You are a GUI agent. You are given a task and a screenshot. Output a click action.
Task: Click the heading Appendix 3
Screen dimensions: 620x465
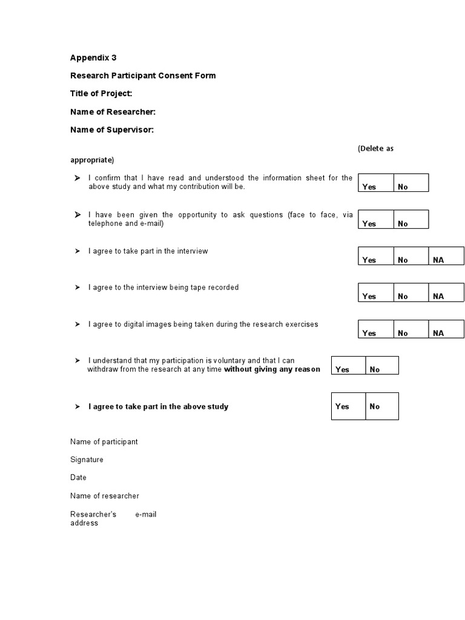click(93, 58)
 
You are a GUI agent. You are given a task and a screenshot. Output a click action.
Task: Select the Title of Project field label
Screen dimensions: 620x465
click(101, 93)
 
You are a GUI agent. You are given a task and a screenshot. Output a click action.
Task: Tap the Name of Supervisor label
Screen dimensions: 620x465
click(112, 130)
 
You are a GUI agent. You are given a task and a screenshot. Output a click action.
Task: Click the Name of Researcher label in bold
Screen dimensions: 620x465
click(113, 111)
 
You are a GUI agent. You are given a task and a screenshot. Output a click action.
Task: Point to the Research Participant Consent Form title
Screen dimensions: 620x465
click(143, 76)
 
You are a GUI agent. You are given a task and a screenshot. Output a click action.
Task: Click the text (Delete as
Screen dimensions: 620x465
click(375, 148)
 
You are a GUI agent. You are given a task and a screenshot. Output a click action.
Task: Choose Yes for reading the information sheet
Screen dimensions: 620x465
click(369, 186)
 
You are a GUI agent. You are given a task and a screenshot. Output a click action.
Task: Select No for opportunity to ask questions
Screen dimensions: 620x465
click(403, 223)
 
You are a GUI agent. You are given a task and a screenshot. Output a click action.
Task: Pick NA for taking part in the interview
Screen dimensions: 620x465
click(438, 260)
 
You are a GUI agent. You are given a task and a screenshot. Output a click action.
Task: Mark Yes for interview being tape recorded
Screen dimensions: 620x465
click(369, 296)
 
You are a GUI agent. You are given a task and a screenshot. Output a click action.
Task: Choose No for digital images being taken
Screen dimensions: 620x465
click(403, 333)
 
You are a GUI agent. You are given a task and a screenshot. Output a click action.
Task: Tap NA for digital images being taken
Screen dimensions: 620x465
click(438, 333)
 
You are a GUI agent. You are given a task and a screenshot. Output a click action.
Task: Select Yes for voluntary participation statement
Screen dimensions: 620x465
click(343, 369)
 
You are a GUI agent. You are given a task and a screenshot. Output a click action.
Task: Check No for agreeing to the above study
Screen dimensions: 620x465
click(375, 406)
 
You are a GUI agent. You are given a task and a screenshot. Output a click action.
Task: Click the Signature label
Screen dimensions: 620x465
click(87, 460)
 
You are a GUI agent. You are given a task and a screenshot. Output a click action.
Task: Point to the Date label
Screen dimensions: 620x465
click(78, 478)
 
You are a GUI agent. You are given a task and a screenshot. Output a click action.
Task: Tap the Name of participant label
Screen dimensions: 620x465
click(104, 441)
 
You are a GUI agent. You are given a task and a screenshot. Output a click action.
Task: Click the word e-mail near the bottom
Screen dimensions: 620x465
click(146, 514)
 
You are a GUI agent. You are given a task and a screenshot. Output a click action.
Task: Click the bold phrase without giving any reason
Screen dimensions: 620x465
click(272, 369)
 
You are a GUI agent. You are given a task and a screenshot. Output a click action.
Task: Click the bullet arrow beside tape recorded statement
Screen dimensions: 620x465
click(77, 288)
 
